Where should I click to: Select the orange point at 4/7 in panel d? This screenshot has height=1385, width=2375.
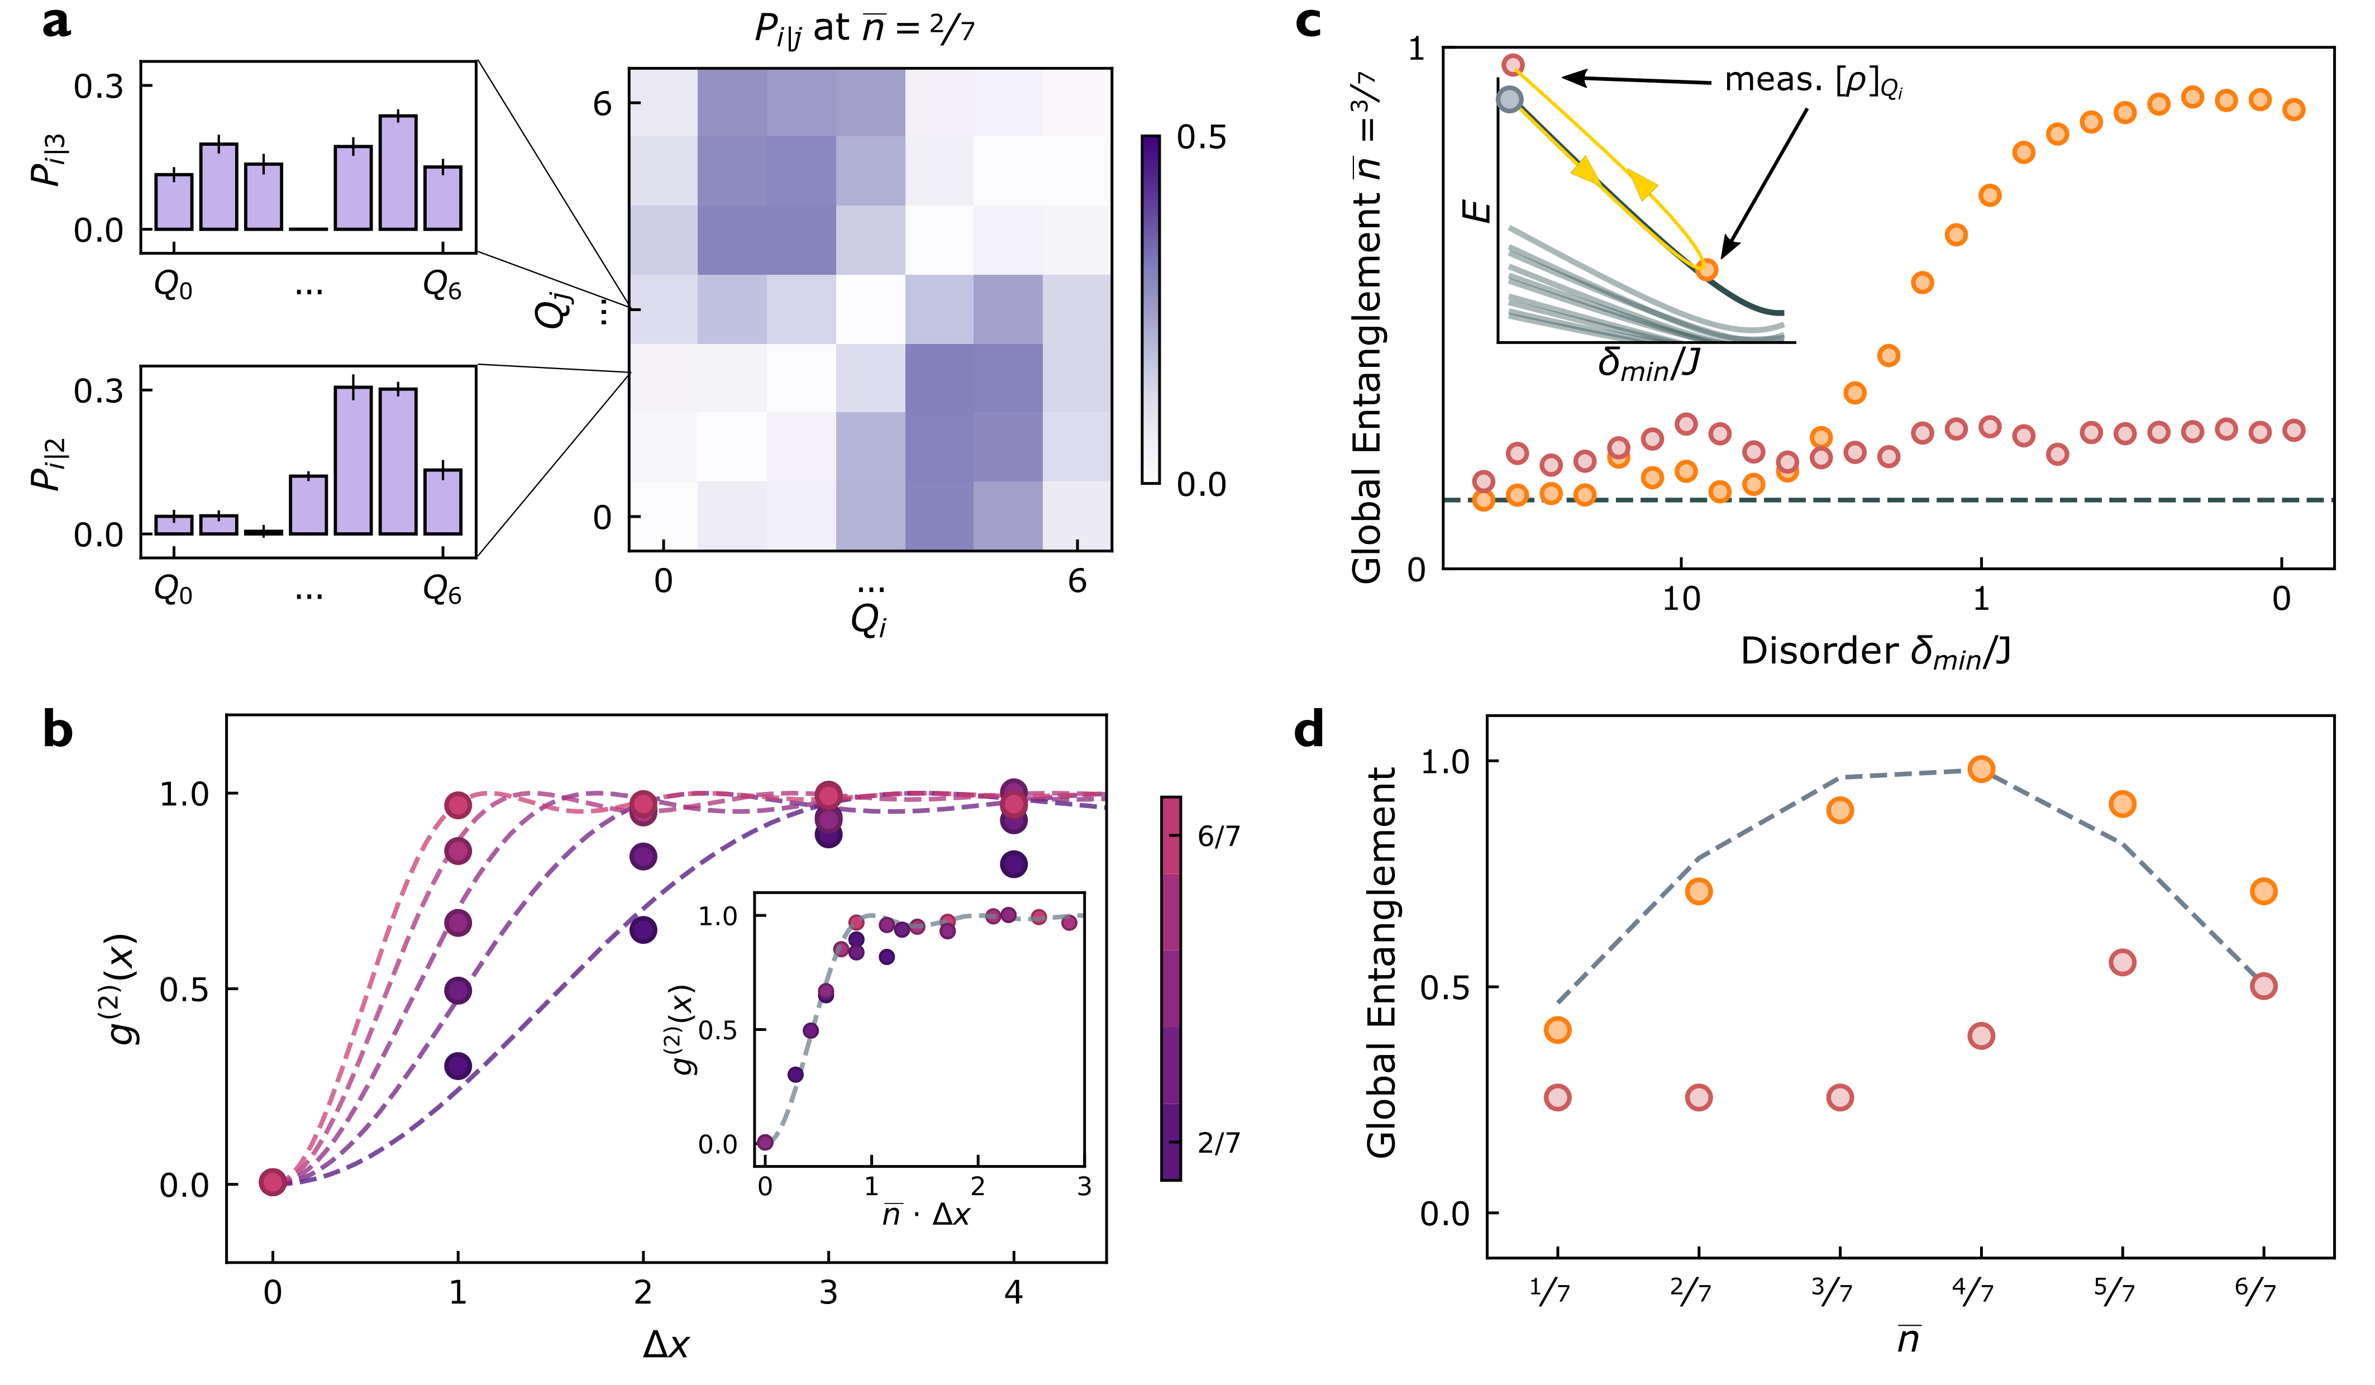(1981, 769)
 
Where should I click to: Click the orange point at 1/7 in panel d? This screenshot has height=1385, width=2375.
(1557, 1030)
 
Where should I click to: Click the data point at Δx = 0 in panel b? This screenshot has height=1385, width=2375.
(273, 1182)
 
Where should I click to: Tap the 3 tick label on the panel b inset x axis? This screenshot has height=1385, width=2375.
(1084, 1186)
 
